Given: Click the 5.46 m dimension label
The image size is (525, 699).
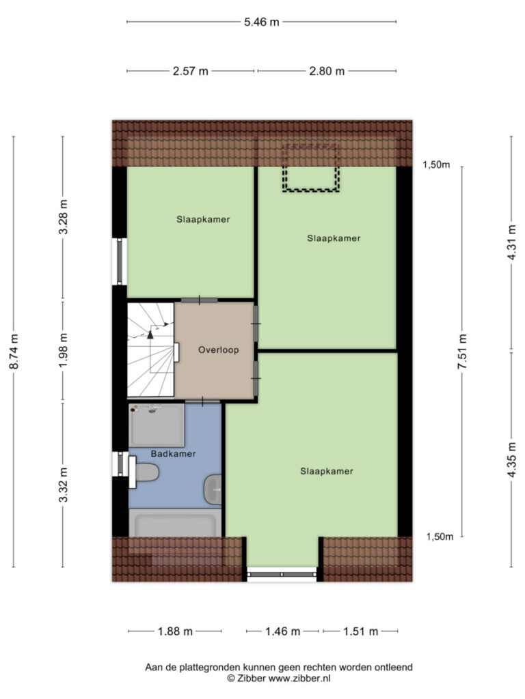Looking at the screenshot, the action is (262, 22).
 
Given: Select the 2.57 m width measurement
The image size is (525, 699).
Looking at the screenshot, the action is (191, 71).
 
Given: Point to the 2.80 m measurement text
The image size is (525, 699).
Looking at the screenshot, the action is (327, 71).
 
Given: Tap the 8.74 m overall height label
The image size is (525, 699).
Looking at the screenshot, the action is (14, 352).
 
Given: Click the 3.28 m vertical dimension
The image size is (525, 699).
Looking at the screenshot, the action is (64, 217).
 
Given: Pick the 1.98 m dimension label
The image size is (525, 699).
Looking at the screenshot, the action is (64, 350).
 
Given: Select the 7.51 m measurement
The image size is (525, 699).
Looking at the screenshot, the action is (463, 352).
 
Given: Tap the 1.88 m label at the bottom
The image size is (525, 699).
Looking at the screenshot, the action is (175, 631).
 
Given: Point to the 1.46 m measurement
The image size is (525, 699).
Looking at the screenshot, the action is (282, 631).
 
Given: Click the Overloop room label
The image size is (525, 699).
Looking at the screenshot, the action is (218, 350).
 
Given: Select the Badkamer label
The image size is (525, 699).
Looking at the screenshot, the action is (173, 454).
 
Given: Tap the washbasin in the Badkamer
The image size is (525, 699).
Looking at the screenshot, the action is (213, 489).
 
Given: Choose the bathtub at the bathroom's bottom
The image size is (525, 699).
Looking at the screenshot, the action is (175, 523).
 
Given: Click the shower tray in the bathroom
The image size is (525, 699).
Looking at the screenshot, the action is (157, 425).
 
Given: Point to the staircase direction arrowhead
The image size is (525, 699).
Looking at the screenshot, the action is (151, 333).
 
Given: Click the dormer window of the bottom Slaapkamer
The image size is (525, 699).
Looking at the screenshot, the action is (282, 574).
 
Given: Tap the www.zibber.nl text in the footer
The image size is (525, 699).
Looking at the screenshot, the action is (299, 679).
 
